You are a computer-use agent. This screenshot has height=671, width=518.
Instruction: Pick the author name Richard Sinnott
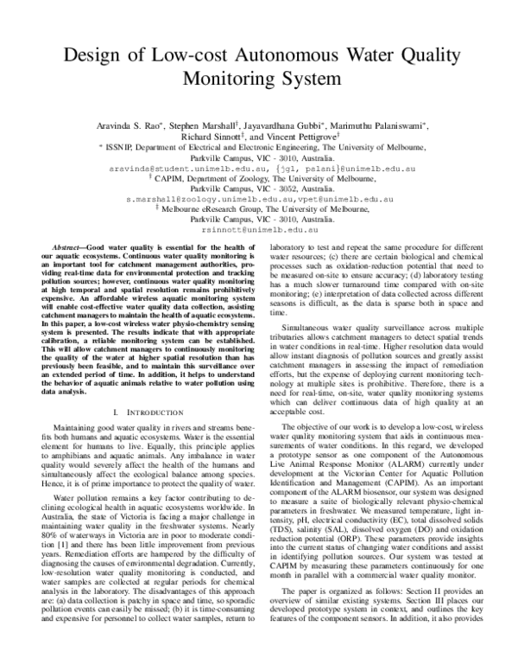pyautogui.click(x=212, y=137)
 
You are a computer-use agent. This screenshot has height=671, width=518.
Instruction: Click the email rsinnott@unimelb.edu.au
pyautogui.click(x=258, y=231)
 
